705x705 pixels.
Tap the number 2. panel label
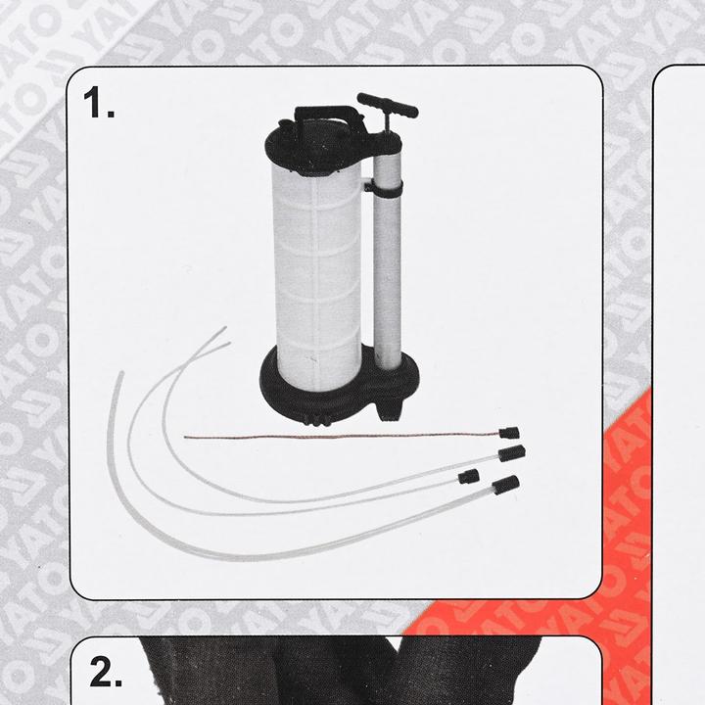coord(107,673)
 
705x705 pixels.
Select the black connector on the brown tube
coord(508,432)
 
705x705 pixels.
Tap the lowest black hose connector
coord(505,485)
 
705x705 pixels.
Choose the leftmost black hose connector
coord(470,476)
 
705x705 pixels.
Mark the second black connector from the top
coord(513,453)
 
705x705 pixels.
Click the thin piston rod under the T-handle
coord(385,132)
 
